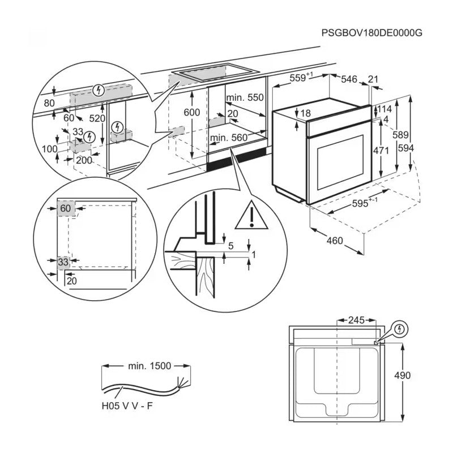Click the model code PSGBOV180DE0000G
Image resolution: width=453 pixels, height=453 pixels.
pos(371,33)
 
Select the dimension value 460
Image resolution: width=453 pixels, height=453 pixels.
pos(335,241)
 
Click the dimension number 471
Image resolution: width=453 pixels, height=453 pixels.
pos(382,151)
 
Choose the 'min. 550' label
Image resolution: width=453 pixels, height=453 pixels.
pos(245,97)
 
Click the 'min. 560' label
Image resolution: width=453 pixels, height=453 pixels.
pos(229,137)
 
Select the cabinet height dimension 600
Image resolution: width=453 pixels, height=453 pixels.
pos(192,113)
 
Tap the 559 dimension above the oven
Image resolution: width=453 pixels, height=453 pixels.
pos(300,79)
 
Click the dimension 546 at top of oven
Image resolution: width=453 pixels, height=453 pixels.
pos(349,80)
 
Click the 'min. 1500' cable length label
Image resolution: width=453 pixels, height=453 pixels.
pos(149,366)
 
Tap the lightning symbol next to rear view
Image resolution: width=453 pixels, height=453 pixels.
pos(399,329)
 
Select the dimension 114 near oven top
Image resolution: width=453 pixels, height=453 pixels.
pos(385,109)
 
